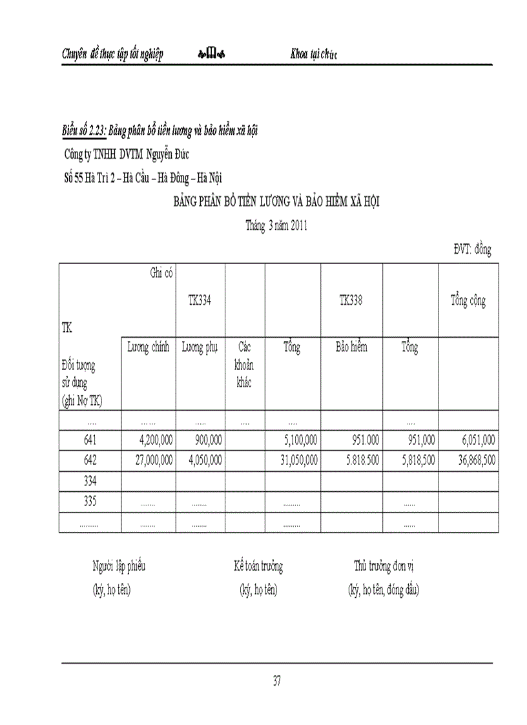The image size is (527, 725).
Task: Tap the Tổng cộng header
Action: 468,300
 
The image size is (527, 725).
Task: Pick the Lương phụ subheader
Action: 200,348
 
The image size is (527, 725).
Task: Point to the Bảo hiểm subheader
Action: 351,348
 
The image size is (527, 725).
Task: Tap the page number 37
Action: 276,680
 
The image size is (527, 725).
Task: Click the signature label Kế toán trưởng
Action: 258,567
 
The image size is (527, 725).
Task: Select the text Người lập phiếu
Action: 119,567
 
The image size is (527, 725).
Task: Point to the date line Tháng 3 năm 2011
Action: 276,226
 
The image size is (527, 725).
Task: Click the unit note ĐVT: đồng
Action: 472,250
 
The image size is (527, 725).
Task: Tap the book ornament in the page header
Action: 211,54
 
